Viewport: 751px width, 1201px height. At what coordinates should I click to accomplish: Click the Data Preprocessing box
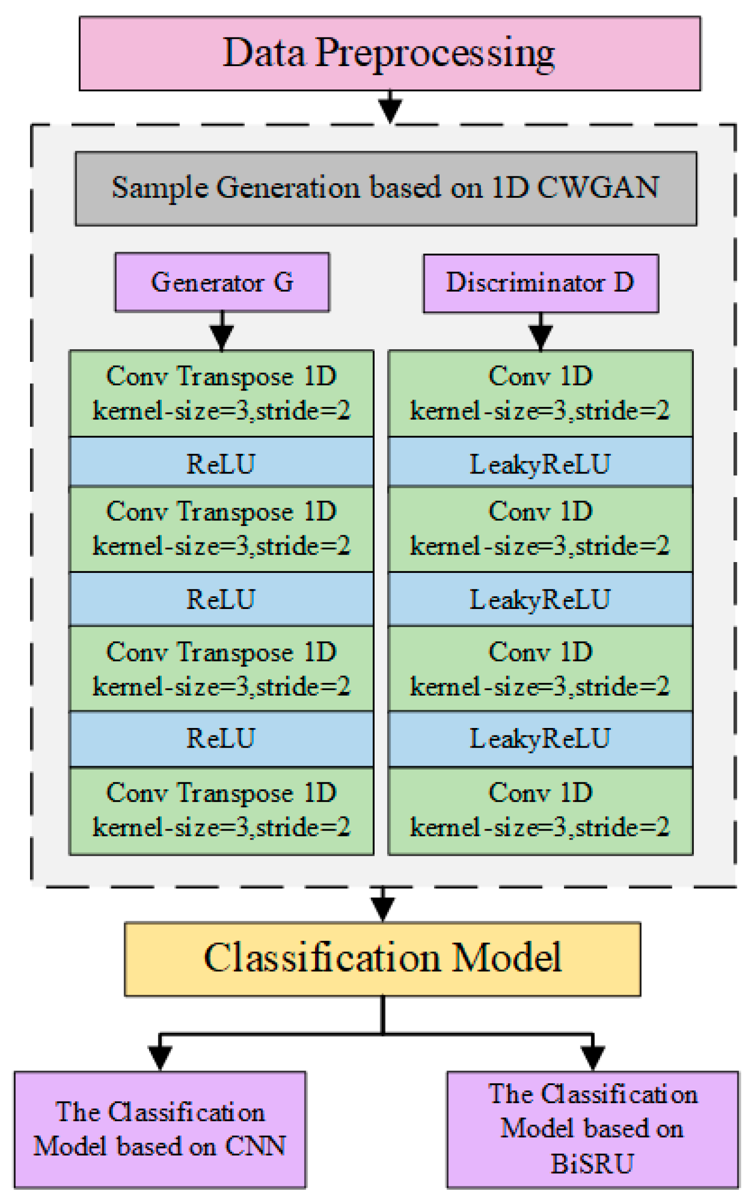390,53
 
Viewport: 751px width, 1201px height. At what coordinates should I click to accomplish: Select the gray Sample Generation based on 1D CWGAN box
385,188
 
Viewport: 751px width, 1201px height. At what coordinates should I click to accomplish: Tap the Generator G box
222,282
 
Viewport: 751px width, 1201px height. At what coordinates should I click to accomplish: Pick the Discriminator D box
541,283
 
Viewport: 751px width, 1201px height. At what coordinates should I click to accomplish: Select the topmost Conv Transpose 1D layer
222,393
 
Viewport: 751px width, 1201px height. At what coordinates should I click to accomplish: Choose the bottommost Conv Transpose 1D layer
222,811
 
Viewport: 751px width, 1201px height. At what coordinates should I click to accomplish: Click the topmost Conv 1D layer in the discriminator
541,393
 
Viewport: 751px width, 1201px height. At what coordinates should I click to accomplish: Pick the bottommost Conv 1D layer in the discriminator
541,811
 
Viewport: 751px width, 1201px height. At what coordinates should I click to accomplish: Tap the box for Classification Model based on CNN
160,1129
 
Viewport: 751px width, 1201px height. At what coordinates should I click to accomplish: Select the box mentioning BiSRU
592,1129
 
